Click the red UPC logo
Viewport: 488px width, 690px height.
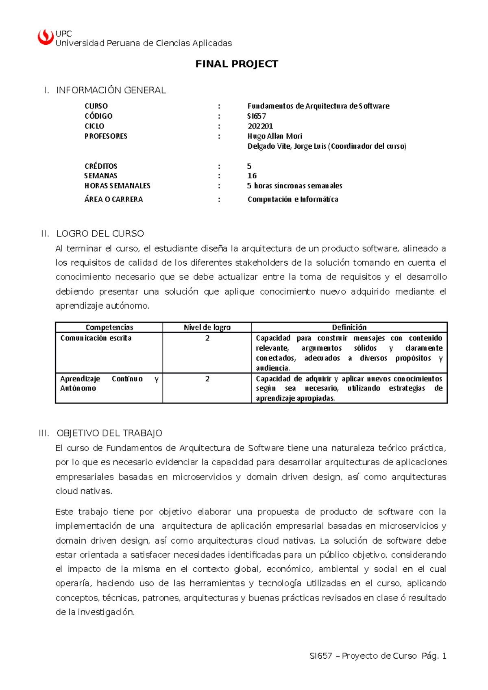pyautogui.click(x=46, y=37)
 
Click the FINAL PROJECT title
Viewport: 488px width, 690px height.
pyautogui.click(x=237, y=64)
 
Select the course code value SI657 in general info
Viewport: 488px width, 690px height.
pyautogui.click(x=257, y=116)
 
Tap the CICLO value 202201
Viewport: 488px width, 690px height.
pyautogui.click(x=260, y=126)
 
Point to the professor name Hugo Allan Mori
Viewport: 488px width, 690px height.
pyautogui.click(x=275, y=136)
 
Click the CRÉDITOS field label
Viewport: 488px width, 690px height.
pyautogui.click(x=101, y=166)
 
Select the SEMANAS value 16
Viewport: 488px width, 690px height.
pyautogui.click(x=252, y=176)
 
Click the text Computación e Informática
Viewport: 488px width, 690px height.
pyautogui.click(x=293, y=199)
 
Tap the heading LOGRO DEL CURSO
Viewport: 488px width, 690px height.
pyautogui.click(x=100, y=234)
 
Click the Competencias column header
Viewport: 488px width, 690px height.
pyautogui.click(x=109, y=328)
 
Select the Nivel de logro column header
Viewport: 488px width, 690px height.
pyautogui.click(x=207, y=328)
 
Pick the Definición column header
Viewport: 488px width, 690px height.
pyautogui.click(x=349, y=328)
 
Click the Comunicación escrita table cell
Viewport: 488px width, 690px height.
pyautogui.click(x=96, y=338)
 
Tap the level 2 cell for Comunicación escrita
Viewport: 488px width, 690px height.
pyautogui.click(x=207, y=338)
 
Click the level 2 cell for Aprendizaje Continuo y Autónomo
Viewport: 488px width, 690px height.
pyautogui.click(x=207, y=379)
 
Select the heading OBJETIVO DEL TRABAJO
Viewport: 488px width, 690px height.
pyautogui.click(x=109, y=433)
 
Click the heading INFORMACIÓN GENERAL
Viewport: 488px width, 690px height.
pyautogui.click(x=111, y=90)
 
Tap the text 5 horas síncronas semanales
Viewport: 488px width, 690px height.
pyautogui.click(x=295, y=186)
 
